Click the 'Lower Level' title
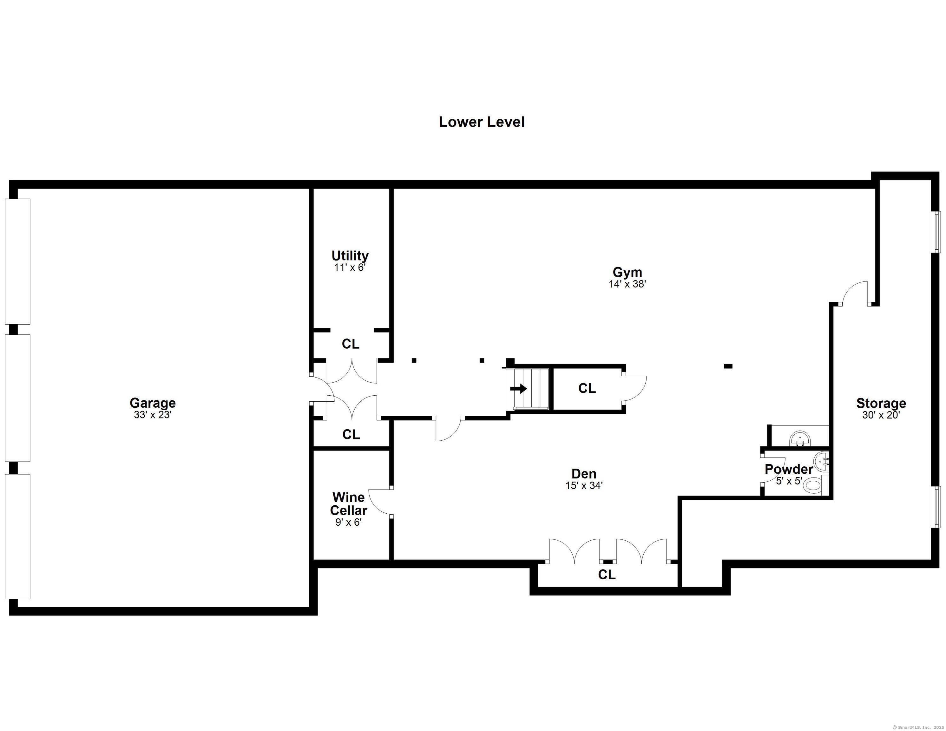(x=482, y=122)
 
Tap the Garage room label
(x=153, y=403)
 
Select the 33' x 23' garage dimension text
(x=153, y=415)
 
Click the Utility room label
(x=350, y=256)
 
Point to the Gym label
(x=627, y=272)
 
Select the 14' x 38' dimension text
(x=627, y=284)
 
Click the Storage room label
(x=881, y=404)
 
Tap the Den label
(x=584, y=474)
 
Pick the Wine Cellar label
(x=349, y=504)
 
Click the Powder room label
(x=789, y=469)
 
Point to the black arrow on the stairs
(x=518, y=389)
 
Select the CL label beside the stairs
(x=587, y=389)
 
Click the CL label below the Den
(x=607, y=575)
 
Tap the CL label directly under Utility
(x=351, y=344)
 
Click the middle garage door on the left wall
(x=17, y=398)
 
